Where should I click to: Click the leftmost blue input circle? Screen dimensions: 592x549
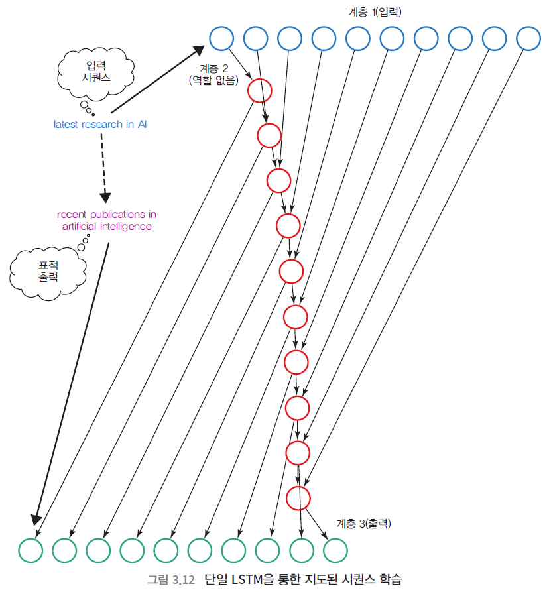click(221, 38)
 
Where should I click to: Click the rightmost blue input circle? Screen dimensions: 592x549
click(528, 38)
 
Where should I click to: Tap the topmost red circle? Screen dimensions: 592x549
click(259, 89)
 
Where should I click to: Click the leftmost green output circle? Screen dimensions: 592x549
click(30, 550)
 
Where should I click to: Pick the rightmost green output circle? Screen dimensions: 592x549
click(335, 550)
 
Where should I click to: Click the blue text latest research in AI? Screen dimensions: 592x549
click(100, 124)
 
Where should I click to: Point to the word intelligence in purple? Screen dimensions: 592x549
click(126, 227)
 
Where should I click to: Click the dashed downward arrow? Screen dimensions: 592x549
click(103, 166)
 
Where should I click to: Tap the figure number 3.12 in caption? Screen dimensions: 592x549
click(182, 579)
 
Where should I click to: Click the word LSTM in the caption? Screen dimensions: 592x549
click(243, 579)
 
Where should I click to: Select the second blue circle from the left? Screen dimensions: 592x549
click(255, 38)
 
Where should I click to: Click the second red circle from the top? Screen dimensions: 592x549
click(269, 135)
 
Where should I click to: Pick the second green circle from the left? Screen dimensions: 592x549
click(64, 550)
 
